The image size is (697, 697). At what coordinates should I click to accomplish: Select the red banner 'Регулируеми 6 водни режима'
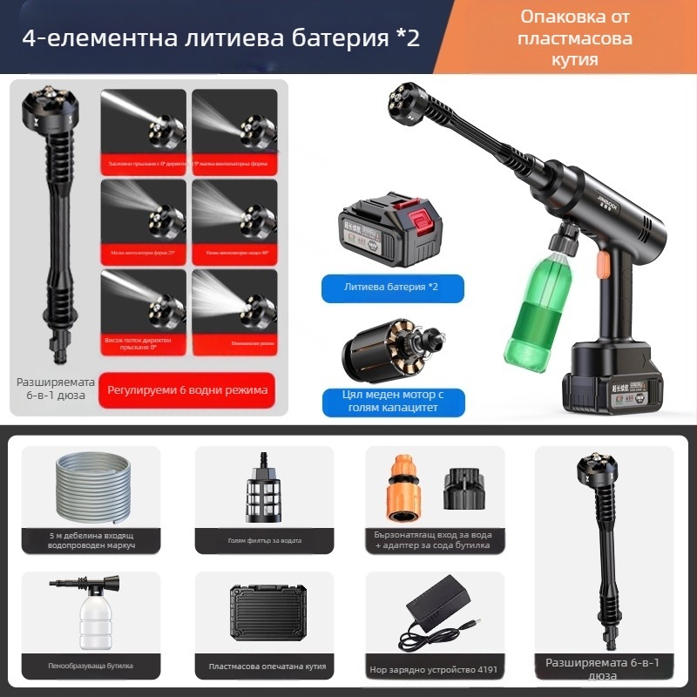tap(186, 389)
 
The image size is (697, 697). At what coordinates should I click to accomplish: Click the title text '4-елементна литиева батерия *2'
tap(222, 40)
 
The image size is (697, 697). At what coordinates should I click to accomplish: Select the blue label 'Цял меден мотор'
tap(392, 402)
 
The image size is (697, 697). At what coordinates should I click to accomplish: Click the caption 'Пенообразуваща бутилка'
tap(91, 667)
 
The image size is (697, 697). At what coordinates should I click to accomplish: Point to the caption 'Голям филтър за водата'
tap(265, 541)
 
